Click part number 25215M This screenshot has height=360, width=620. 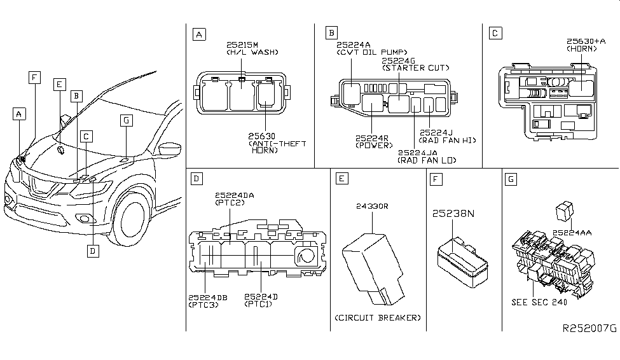tap(242, 45)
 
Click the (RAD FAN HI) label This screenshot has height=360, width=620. tap(448, 140)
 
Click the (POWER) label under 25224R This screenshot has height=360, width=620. tap(374, 145)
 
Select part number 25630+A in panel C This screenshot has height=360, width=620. tap(583, 41)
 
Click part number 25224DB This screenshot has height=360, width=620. tap(207, 297)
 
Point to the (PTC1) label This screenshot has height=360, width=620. tap(261, 305)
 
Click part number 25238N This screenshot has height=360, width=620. tap(454, 214)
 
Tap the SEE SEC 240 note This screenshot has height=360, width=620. tap(539, 302)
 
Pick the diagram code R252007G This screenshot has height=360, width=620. tap(589, 328)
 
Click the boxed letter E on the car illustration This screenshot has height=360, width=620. tap(59, 84)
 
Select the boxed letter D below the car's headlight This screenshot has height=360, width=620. tap(93, 251)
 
